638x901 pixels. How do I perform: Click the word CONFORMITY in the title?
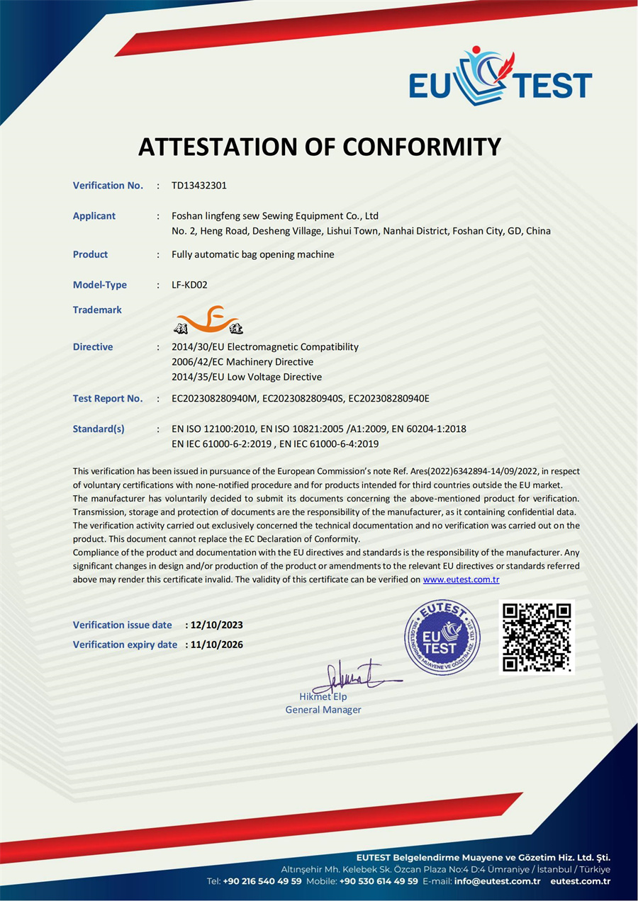[422, 147]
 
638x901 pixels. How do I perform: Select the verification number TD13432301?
[199, 186]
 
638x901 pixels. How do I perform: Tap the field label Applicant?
[94, 216]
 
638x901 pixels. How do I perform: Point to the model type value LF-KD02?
[189, 285]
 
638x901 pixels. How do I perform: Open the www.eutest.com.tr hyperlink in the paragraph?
[461, 579]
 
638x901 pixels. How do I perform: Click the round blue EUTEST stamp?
[442, 637]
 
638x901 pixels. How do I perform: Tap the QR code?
[537, 637]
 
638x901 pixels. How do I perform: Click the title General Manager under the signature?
[323, 710]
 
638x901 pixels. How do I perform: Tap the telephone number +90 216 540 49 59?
[262, 881]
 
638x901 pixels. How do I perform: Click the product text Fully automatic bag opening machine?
[253, 254]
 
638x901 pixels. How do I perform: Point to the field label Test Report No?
[108, 399]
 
